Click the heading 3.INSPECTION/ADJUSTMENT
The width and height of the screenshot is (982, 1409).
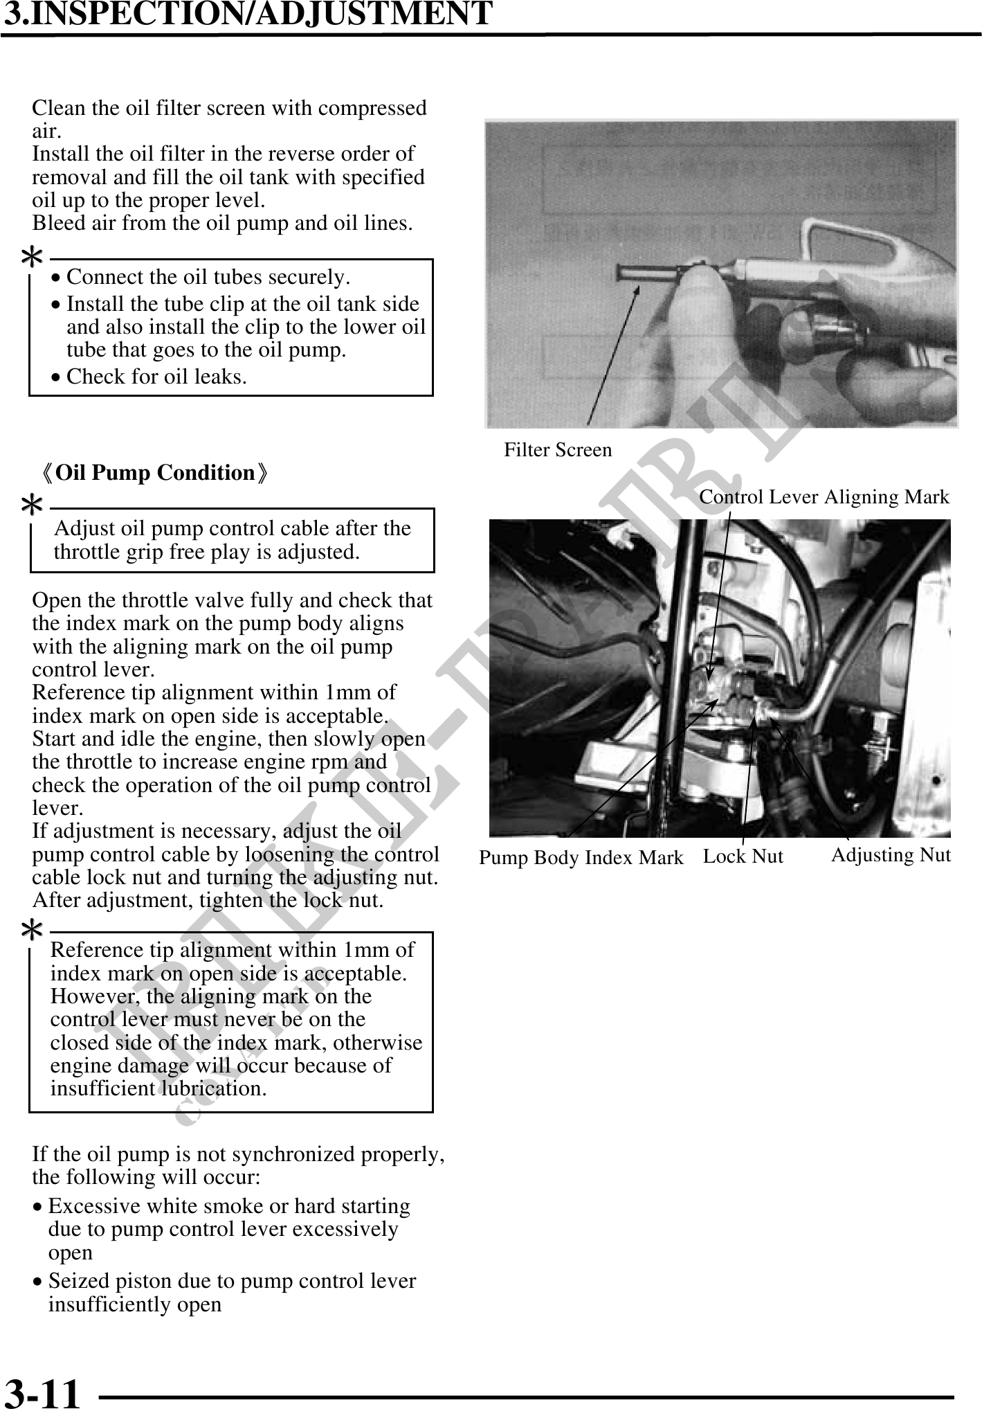point(248,14)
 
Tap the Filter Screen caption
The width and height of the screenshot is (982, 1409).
point(558,450)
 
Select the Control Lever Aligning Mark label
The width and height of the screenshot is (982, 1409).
point(824,497)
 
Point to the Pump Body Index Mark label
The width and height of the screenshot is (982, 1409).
point(581,858)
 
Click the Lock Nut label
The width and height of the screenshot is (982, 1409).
point(743,856)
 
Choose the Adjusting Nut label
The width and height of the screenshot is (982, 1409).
point(891,855)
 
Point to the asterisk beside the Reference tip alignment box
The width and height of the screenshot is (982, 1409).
point(32,931)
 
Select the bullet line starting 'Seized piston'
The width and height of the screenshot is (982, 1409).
point(232,1282)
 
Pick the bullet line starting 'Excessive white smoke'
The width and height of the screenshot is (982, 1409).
point(229,1207)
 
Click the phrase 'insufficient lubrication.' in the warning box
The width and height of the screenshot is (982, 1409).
point(158,1088)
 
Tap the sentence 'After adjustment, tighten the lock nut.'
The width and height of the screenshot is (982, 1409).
point(208,901)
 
